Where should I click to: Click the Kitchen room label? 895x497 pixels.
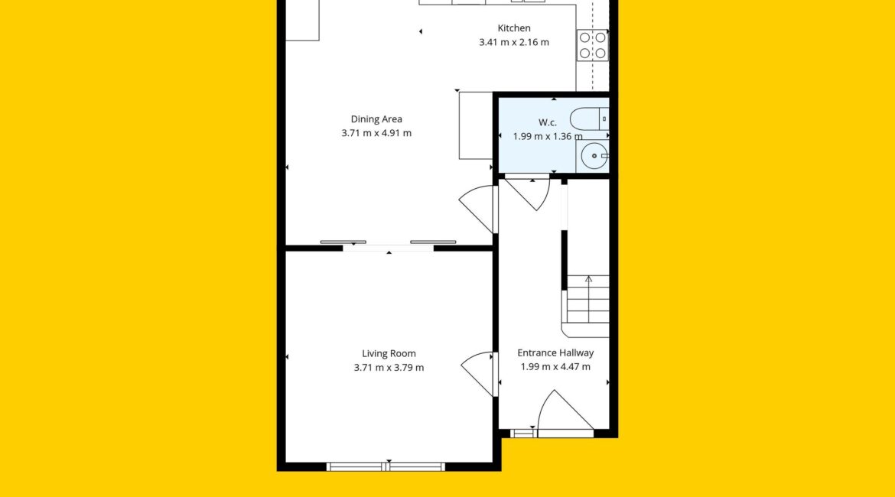514,28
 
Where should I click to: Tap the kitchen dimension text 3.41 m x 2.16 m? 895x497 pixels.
514,42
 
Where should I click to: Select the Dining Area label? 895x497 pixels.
376,119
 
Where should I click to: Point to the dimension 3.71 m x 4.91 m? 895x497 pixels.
376,133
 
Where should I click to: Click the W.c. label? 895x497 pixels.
548,122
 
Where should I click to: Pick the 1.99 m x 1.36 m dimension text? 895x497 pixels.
548,136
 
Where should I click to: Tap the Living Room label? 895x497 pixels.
389,354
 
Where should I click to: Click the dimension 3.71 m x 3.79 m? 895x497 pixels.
389,368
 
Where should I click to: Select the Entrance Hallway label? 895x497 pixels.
555,353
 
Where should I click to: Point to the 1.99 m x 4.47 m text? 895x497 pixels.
555,367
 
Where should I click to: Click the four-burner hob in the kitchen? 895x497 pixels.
593,45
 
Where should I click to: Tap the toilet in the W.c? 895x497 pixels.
590,119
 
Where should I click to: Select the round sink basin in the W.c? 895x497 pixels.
594,156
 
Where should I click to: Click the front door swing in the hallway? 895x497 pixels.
565,411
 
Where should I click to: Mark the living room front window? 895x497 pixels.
386,466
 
